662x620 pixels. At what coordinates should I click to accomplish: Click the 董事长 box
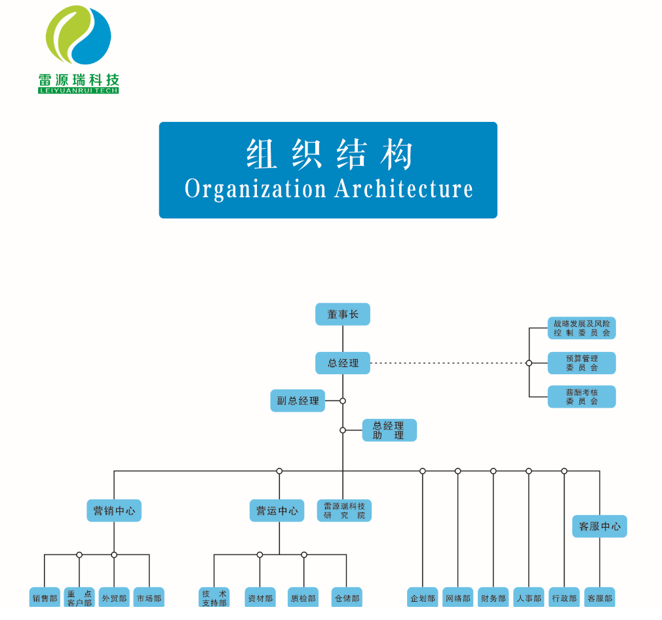point(343,315)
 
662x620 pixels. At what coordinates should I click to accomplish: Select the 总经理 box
point(343,363)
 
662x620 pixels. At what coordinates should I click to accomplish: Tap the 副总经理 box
point(298,400)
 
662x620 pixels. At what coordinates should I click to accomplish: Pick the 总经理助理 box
point(389,430)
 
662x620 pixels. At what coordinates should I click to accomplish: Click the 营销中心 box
point(114,511)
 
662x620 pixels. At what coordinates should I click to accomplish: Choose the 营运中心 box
point(277,511)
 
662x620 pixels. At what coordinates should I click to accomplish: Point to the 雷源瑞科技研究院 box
point(344,511)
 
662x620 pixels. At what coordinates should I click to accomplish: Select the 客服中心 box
point(599,526)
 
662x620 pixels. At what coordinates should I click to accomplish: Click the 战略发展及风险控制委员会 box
point(581,328)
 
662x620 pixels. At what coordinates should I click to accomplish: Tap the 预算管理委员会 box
point(581,363)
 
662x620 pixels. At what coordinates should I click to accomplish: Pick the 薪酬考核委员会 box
point(581,397)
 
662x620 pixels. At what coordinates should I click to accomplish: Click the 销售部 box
point(45,598)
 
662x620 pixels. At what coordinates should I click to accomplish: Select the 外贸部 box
point(114,598)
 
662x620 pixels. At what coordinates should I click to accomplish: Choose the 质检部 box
point(303,598)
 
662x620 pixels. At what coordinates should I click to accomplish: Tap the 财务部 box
point(493,598)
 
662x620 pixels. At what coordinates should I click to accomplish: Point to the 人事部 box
point(528,598)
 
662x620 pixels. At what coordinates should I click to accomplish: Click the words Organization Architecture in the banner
point(328,189)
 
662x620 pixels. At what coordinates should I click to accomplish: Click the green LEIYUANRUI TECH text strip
point(78,90)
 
